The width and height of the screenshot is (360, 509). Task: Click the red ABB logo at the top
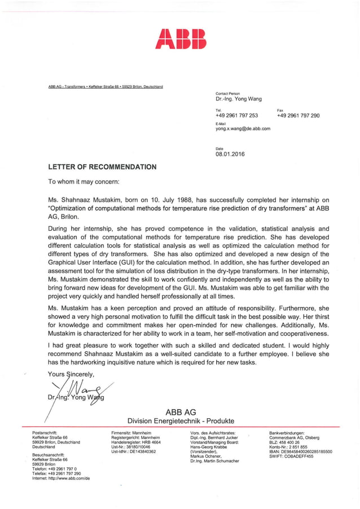coord(181,38)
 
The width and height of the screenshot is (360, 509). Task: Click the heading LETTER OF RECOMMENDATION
coord(102,167)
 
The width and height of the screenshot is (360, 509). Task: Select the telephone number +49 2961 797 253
coord(236,115)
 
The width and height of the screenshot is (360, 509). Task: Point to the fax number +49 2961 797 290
coord(298,115)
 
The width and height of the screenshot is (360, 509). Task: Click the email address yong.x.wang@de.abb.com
coord(243,128)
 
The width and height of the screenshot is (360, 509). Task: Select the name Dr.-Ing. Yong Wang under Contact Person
coord(239,99)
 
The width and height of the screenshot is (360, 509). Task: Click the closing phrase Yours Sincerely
coord(71,374)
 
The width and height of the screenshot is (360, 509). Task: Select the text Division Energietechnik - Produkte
coord(181,421)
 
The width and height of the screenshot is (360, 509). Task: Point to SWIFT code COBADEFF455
coord(291,457)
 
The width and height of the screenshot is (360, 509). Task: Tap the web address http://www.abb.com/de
coord(62,478)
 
